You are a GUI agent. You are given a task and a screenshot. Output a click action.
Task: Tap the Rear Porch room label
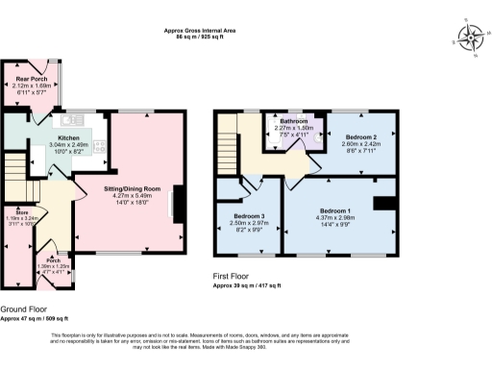click(x=32, y=79)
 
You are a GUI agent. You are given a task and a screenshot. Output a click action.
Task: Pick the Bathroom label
click(x=294, y=121)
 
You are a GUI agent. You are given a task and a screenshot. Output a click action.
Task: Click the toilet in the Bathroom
click(x=314, y=135)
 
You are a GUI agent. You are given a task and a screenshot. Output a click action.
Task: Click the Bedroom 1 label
click(x=335, y=209)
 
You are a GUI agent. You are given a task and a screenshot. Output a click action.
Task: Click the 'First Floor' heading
click(x=233, y=276)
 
